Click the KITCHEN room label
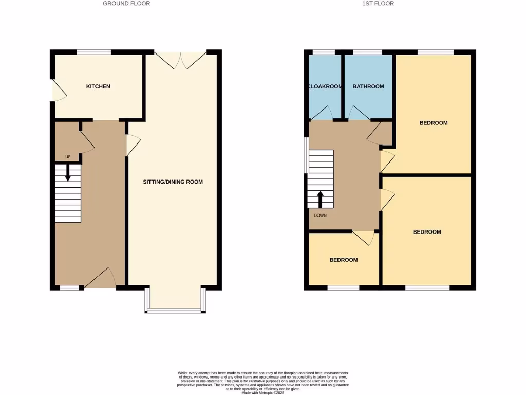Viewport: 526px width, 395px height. (x=98, y=86)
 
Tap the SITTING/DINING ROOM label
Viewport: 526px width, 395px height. (x=173, y=182)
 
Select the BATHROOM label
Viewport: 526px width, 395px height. (x=368, y=86)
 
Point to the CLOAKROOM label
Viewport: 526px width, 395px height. (x=325, y=86)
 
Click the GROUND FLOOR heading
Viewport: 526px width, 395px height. (x=126, y=3)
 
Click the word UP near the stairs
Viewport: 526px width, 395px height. (x=68, y=157)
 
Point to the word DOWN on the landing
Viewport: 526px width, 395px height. (x=320, y=216)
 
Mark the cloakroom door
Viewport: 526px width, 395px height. (x=321, y=114)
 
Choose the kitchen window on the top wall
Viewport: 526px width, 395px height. (x=94, y=52)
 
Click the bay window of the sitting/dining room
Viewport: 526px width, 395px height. (x=175, y=310)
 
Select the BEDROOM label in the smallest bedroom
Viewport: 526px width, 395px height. (x=343, y=260)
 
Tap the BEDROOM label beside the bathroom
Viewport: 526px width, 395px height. (x=433, y=123)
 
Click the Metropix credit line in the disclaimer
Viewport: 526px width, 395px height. (x=263, y=393)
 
